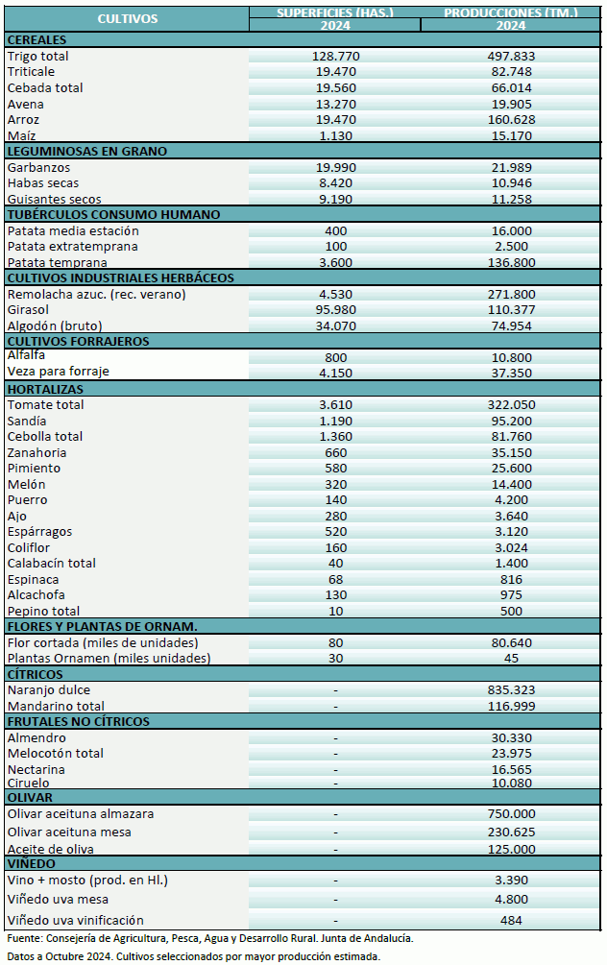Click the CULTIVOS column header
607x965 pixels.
click(127, 18)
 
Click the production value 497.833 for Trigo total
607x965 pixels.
click(511, 57)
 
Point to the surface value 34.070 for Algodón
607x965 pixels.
click(335, 326)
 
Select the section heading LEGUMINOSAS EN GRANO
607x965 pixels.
click(86, 151)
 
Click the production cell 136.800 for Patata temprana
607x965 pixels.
click(511, 262)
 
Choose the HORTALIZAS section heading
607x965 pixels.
click(44, 389)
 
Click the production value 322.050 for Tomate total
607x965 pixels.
click(511, 405)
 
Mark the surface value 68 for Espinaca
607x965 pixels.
click(335, 579)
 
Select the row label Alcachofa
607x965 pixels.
click(36, 595)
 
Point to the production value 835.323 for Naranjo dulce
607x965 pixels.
click(511, 690)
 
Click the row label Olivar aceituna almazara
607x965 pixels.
click(81, 814)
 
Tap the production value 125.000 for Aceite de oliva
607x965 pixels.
click(511, 850)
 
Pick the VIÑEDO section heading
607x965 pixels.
click(34, 863)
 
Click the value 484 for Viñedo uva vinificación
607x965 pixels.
click(511, 921)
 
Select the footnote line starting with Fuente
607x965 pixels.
click(209, 938)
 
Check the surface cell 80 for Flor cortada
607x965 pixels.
click(335, 642)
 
